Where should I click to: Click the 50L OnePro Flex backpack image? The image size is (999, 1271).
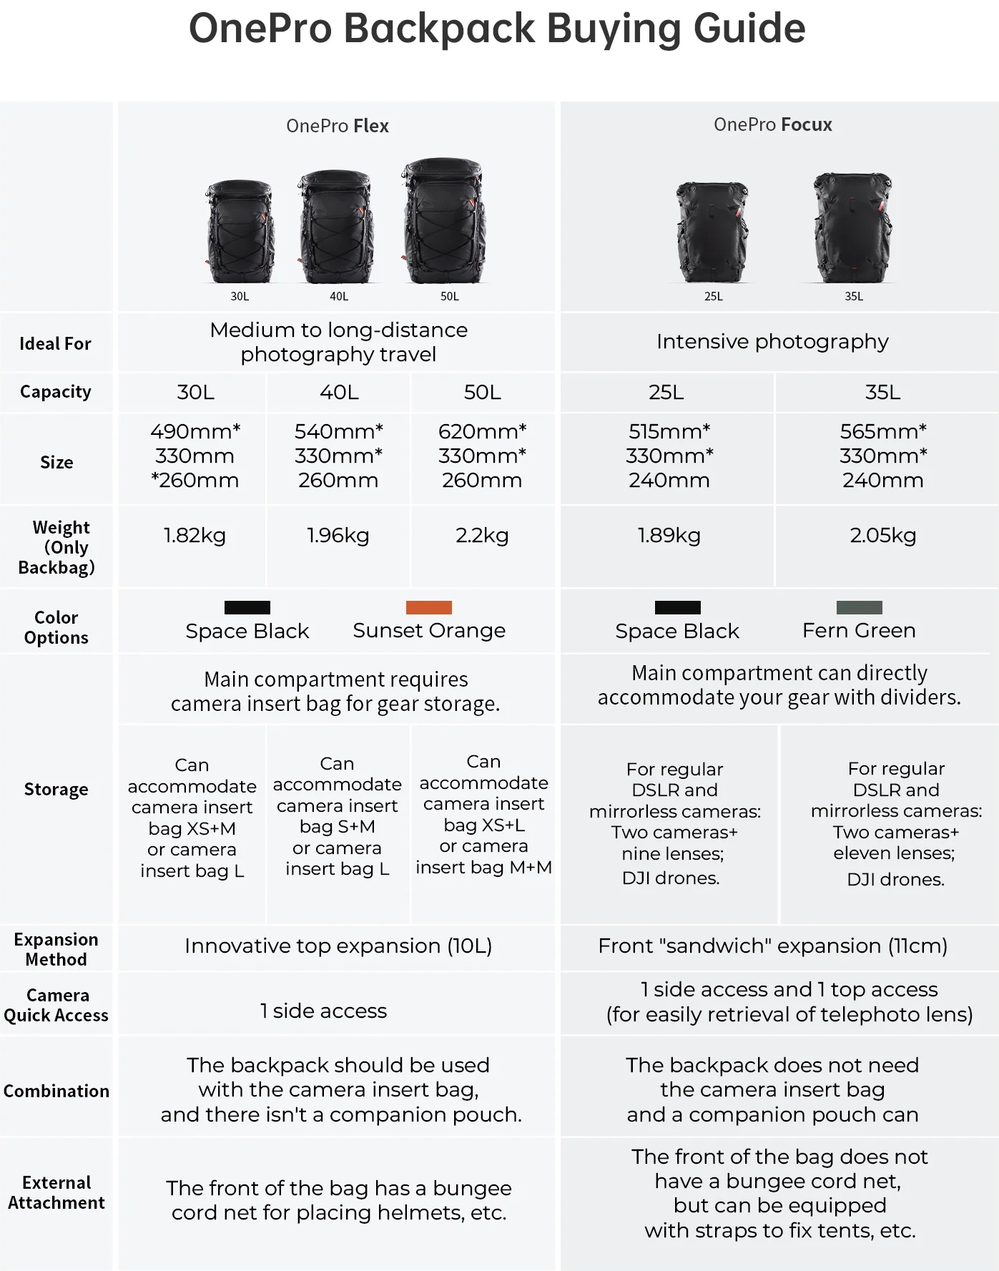tap(443, 221)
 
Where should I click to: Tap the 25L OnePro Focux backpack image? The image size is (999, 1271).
tap(712, 232)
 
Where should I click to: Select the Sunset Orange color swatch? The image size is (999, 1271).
tap(429, 607)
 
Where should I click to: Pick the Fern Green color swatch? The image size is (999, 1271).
tap(859, 607)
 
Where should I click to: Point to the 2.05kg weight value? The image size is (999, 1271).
tap(883, 536)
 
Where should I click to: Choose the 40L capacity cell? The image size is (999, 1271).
tap(339, 392)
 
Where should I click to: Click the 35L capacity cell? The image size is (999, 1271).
tap(883, 392)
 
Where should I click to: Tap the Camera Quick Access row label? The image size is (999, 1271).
tap(56, 1005)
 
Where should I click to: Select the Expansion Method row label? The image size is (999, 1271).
tap(56, 949)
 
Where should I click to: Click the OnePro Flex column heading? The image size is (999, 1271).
tap(338, 126)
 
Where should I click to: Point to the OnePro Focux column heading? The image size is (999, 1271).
tap(773, 124)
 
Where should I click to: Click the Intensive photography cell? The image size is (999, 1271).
tap(772, 342)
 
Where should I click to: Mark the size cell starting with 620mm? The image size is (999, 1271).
tap(483, 456)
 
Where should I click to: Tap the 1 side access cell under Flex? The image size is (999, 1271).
tap(323, 1011)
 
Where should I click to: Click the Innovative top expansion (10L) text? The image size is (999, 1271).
tap(338, 946)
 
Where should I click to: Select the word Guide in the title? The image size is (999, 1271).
tap(749, 29)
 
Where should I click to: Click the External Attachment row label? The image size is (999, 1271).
tap(56, 1192)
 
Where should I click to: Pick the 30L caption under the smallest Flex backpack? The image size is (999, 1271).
tap(240, 296)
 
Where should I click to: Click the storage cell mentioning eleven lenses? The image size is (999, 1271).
tap(896, 824)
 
